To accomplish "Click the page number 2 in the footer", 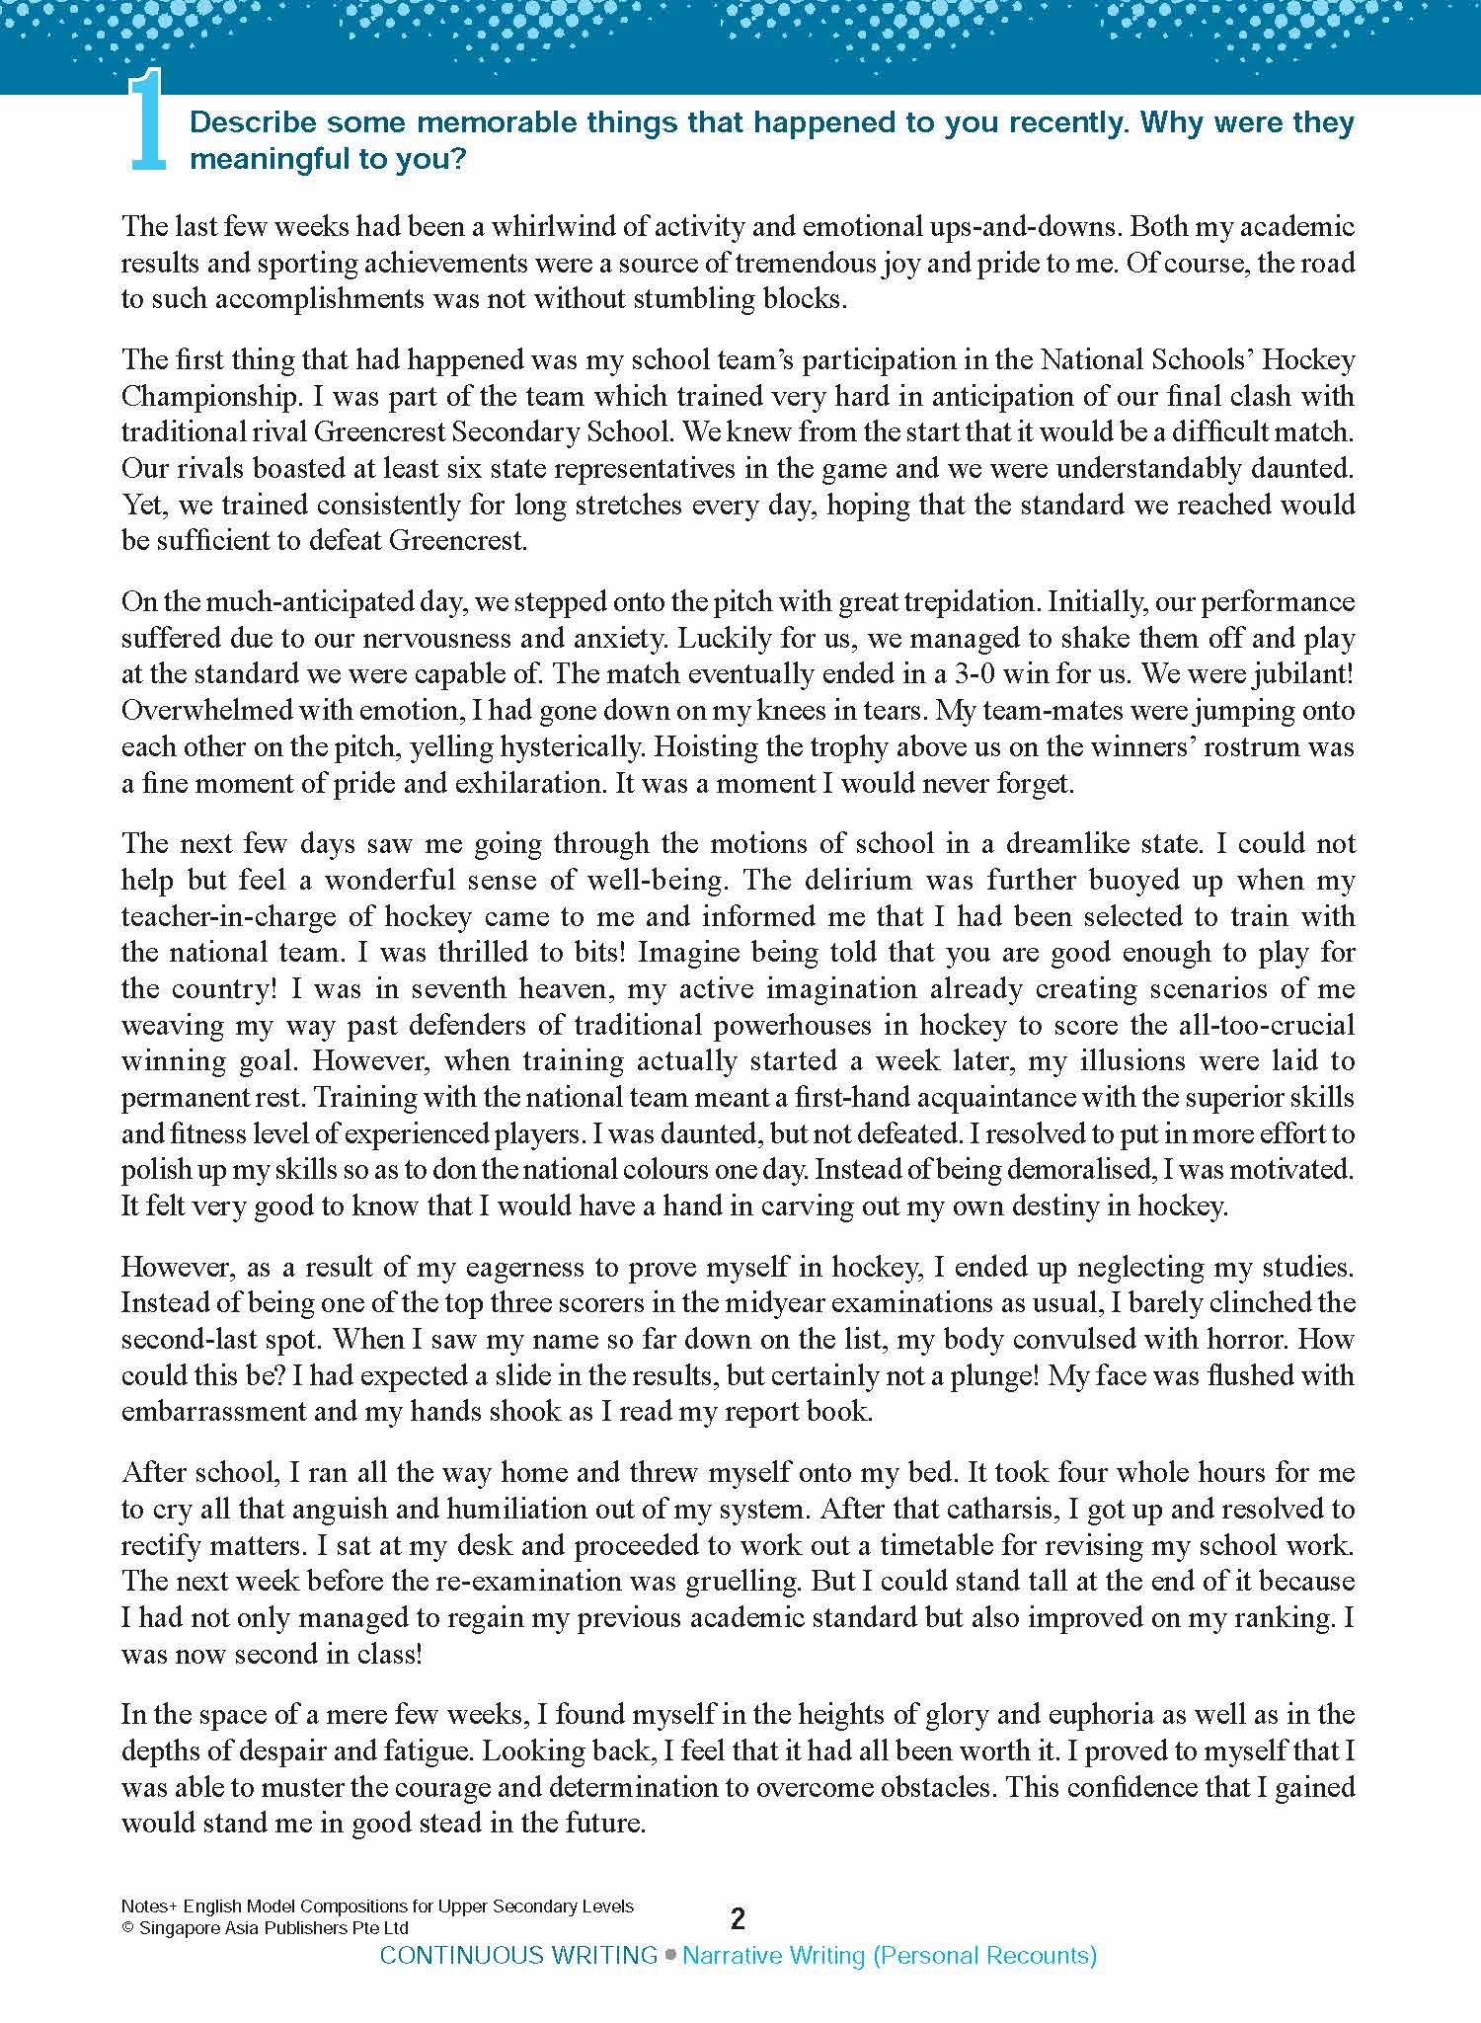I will pos(738,1918).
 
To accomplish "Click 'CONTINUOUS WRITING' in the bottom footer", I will pos(518,1955).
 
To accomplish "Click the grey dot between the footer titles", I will pos(670,1954).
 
